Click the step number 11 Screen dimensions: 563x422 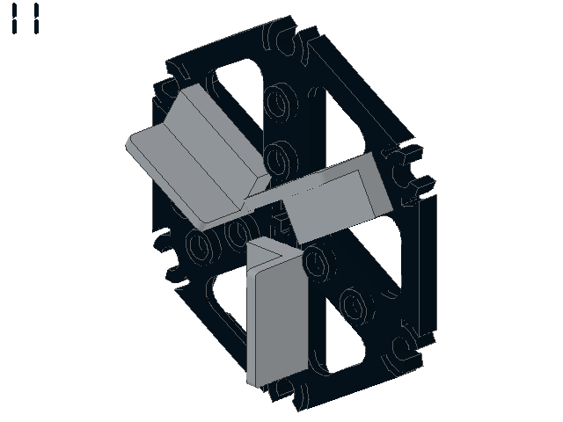click(26, 18)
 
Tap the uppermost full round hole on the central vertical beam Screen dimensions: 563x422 click(281, 102)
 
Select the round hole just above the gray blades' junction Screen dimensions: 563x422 click(281, 160)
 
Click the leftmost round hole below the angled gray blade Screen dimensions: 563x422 click(200, 246)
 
